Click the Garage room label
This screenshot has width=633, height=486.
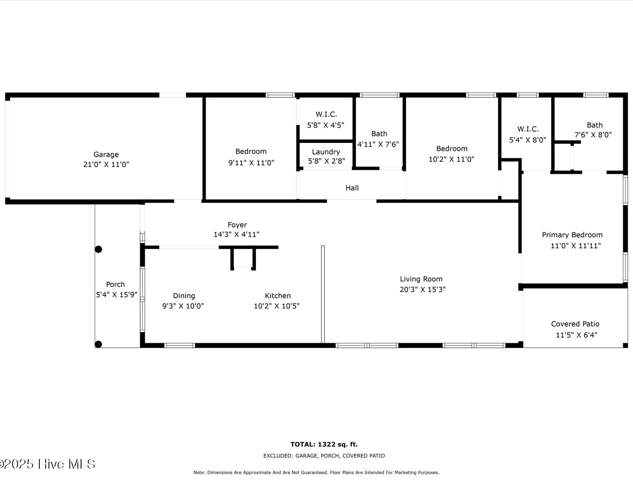pos(106,155)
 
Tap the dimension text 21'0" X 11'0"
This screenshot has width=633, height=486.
pos(106,165)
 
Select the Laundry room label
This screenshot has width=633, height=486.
pos(326,152)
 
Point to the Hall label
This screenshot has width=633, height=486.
pos(352,188)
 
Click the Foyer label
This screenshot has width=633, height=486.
pos(237,225)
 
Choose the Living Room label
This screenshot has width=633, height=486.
pos(421,279)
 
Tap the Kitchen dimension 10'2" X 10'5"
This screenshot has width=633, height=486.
pos(276,306)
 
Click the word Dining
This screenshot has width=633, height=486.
pos(184,296)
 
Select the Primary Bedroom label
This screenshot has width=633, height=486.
pos(572,235)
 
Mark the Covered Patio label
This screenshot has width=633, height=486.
pos(575,324)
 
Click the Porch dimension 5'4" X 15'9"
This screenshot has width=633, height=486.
pos(116,295)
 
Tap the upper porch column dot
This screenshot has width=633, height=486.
pos(98,249)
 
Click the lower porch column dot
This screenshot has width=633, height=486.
pos(98,344)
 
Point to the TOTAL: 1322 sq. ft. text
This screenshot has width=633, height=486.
pos(324,444)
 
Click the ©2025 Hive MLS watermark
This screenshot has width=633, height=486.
pos(48,464)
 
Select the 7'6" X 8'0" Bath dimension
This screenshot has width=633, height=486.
pos(593,135)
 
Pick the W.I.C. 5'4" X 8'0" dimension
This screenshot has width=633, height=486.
pos(527,140)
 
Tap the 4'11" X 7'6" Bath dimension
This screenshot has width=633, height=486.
pos(378,144)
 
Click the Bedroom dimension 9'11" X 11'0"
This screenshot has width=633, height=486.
pos(251,163)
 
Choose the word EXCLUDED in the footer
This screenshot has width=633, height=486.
pos(278,456)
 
